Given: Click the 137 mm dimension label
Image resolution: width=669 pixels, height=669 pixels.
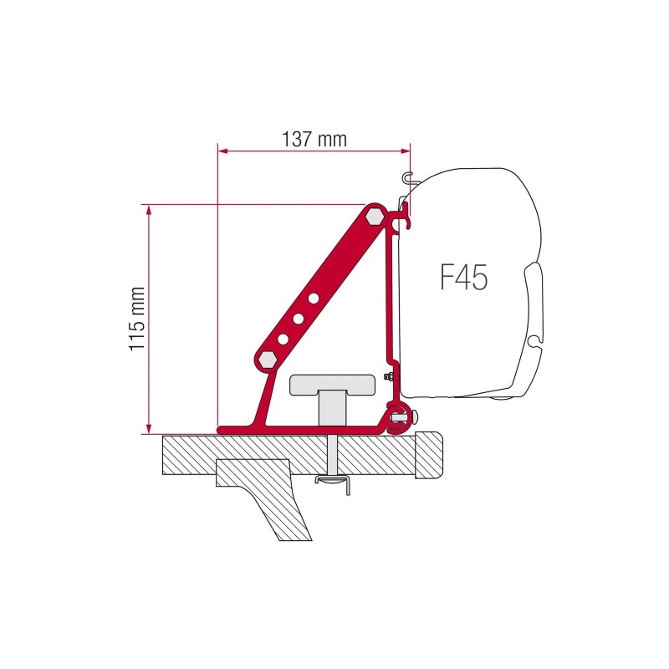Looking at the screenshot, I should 314,140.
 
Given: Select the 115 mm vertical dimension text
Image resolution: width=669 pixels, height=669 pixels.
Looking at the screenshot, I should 138,319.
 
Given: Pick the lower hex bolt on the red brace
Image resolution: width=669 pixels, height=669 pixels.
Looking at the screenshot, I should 268,359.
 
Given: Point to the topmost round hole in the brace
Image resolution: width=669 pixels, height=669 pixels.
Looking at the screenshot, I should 314,297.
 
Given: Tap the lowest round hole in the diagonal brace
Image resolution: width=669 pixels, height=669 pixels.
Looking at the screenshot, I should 283,338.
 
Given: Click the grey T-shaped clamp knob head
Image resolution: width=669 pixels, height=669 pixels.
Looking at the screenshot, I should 331,385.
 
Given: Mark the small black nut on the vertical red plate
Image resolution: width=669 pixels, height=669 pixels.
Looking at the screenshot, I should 390,378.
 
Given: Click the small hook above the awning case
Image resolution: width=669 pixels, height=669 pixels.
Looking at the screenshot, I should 407,176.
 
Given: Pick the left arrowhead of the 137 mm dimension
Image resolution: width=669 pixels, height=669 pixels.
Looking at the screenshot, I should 222,151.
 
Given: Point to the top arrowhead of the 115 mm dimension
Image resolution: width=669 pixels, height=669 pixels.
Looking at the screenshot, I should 150,208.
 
